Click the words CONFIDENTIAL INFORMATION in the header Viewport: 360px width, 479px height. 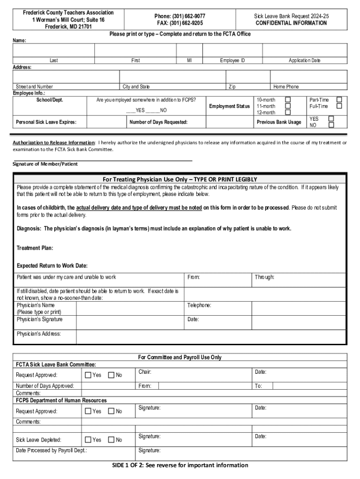coord(291,23)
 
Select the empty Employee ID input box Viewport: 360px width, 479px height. coord(232,51)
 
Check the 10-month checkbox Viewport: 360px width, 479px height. coord(288,100)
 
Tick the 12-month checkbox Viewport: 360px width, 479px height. coord(288,112)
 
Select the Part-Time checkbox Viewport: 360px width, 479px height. coord(340,100)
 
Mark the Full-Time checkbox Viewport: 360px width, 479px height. coord(340,106)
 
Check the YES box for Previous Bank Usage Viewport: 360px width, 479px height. coord(331,119)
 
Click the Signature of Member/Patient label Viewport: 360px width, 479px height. coord(45,164)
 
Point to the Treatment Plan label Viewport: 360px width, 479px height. coord(35,248)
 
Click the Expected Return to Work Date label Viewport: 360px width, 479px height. coord(52,266)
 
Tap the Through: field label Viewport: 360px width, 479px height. coord(265,277)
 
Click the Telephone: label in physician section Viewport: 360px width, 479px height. coord(199,305)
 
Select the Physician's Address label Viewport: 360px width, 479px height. coord(39,334)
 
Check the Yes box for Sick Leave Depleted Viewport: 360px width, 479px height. coord(88,440)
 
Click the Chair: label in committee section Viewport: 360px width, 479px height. coord(145,372)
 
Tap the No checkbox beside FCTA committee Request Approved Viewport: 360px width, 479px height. coord(111,375)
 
